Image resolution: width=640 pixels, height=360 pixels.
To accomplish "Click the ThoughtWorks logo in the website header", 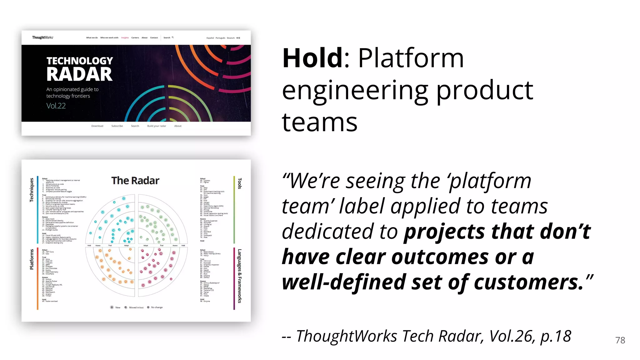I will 43,37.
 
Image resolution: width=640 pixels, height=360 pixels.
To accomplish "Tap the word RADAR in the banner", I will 79,74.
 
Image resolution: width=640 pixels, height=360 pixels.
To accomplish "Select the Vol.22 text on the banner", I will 56,106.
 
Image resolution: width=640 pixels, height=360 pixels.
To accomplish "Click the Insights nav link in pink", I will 125,38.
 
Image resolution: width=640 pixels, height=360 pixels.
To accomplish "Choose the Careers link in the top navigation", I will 135,38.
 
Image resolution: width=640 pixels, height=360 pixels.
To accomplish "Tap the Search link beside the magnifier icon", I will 167,38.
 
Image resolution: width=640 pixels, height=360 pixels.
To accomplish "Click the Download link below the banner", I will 97,126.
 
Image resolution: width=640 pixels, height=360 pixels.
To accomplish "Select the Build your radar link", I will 157,126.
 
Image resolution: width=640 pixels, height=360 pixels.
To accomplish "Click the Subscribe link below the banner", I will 117,126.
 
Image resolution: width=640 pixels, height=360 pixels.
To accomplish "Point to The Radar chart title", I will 135,181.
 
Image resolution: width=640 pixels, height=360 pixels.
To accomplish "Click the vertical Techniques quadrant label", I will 32,190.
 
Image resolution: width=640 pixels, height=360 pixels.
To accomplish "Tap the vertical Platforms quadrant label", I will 32,259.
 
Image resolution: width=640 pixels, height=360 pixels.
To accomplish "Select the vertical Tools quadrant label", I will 240,183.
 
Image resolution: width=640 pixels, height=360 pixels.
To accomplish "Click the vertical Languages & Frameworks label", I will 240,276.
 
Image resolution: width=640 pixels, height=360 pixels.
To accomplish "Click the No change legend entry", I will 157,307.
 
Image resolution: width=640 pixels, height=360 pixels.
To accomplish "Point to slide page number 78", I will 620,340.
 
